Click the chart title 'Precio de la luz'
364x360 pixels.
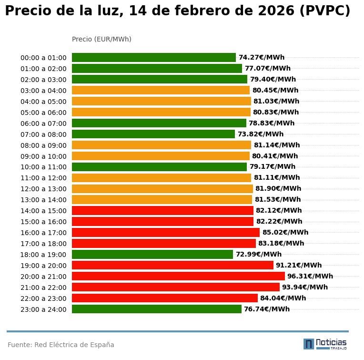[177, 11]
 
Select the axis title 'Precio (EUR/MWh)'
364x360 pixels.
[101, 39]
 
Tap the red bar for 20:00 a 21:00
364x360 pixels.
[178, 276]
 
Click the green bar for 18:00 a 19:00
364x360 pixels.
[152, 254]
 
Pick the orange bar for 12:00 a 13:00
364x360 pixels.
[162, 188]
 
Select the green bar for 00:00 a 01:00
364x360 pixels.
[154, 57]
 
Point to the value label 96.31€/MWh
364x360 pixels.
[310, 276]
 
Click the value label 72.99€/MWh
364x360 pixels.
[258, 254]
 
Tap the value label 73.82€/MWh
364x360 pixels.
[260, 134]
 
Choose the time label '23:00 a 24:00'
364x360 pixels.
[43, 309]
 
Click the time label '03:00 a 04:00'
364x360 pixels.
[43, 91]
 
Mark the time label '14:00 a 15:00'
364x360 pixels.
[43, 211]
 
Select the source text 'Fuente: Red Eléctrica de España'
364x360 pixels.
[61, 345]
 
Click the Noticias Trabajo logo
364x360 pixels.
[325, 344]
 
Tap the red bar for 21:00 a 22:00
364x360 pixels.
[175, 287]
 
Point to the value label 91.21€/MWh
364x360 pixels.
[299, 265]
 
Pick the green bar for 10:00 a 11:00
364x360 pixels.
[159, 167]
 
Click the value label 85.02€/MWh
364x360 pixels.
[285, 232]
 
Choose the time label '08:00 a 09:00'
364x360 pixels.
[43, 145]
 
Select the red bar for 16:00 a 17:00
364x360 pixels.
[166, 232]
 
